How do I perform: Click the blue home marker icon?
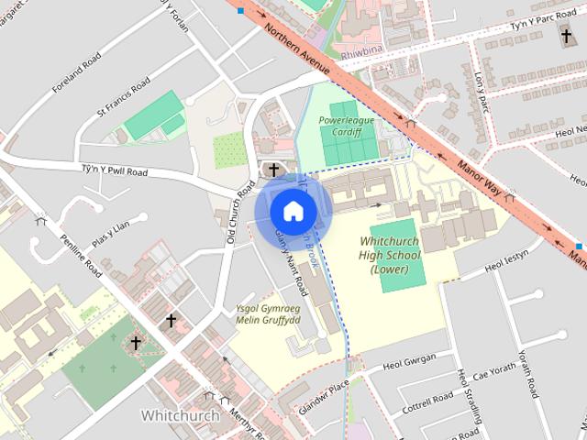pos(293,211)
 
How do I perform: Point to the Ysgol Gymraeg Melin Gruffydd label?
pos(269,314)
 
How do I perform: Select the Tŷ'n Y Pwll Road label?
pos(114,171)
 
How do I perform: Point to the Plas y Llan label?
pos(116,229)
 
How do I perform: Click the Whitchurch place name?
pos(181,415)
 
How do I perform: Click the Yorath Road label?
pos(525,373)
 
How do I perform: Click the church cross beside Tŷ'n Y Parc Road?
pos(567,36)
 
